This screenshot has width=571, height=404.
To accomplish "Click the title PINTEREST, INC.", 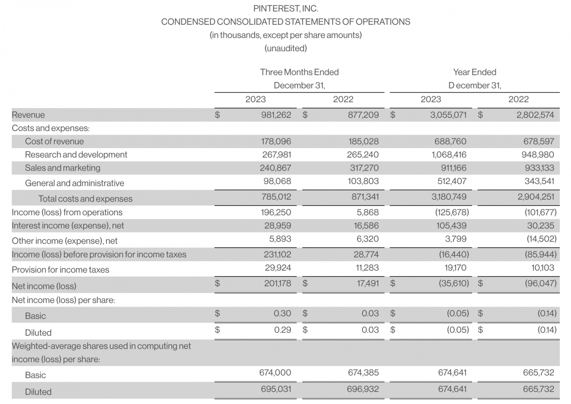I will [x=285, y=9].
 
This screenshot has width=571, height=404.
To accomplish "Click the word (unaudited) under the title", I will [x=285, y=48].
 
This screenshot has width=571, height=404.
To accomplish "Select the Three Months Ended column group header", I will [x=299, y=72].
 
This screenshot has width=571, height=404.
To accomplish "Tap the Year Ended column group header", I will [x=474, y=72].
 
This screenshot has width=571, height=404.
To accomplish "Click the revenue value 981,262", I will [x=276, y=115].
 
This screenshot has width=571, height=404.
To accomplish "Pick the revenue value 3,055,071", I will [x=448, y=115].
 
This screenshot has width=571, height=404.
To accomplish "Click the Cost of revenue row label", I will [x=54, y=141].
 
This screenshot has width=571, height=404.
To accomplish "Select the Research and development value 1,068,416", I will [x=448, y=154].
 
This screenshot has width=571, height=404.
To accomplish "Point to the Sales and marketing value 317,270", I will [x=363, y=168].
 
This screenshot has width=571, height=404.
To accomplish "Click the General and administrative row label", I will [x=75, y=183].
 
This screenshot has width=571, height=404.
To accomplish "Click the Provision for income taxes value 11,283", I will [x=367, y=268].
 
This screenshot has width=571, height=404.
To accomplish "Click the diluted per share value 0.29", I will [x=282, y=330].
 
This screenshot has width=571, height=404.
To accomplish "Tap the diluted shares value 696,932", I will [x=363, y=389].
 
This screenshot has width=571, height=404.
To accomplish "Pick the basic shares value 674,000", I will [x=275, y=373].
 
